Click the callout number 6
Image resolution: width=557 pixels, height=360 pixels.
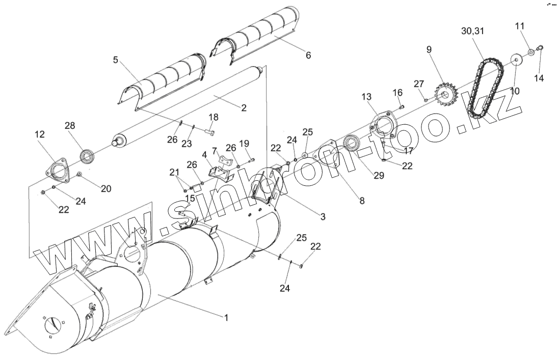[308, 56]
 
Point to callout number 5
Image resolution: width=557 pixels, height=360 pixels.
[116, 60]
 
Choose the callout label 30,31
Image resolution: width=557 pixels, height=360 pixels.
[472, 31]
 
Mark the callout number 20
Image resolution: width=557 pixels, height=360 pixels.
[106, 188]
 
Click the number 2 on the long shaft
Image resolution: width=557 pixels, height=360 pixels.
[244, 108]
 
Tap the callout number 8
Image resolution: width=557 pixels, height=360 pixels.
[362, 201]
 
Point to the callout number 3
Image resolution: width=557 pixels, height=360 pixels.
[323, 216]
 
